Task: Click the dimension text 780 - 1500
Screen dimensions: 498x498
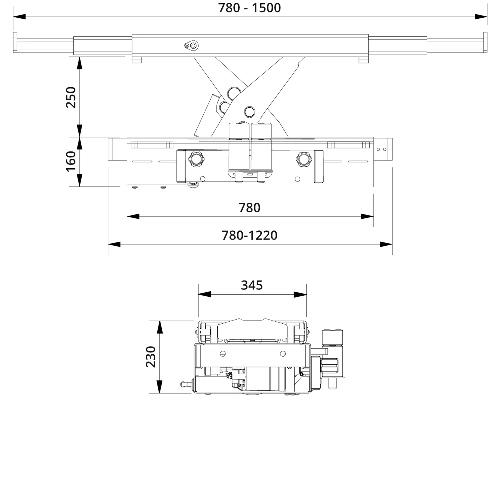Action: click(249, 8)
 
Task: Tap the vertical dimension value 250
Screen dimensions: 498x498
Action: click(71, 97)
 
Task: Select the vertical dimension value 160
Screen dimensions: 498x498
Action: click(71, 161)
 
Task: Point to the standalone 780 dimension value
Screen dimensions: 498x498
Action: click(249, 208)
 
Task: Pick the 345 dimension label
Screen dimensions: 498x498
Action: click(252, 285)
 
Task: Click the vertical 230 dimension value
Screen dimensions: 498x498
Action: click(151, 357)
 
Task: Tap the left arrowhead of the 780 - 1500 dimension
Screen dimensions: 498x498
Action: click(19, 17)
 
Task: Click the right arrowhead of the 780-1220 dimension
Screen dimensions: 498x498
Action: click(386, 244)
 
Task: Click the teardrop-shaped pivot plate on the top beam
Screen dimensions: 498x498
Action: click(191, 46)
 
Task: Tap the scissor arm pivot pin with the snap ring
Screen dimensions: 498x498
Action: click(250, 112)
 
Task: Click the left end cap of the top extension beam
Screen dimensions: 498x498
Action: click(15, 42)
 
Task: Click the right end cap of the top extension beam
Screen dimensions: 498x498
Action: click(485, 42)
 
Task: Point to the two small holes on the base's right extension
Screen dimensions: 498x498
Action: click(381, 149)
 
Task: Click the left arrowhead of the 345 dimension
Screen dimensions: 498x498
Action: click(205, 295)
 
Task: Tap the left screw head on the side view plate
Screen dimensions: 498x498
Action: click(223, 354)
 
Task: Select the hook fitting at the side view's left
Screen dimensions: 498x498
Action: click(184, 384)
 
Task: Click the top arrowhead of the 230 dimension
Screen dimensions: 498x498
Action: click(160, 327)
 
